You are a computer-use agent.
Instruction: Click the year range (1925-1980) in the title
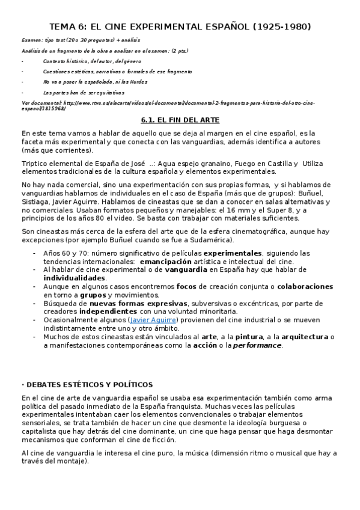275,26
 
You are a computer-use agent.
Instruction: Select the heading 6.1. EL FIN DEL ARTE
180,120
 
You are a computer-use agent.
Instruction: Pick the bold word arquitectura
301,337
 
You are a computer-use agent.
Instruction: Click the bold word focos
189,287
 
